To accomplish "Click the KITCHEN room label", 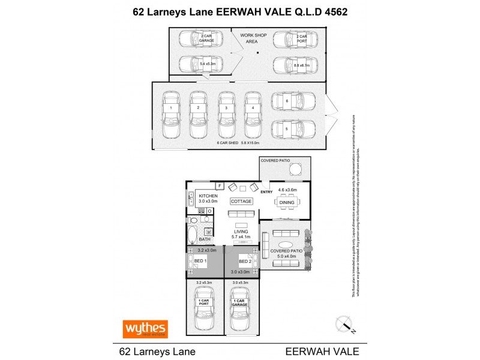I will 208,196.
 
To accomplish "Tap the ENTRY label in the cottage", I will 266,192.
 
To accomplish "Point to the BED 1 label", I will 200,262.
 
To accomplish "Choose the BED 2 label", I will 244,262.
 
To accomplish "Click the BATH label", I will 205,239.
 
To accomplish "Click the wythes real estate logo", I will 145,329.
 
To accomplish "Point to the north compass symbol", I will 344,324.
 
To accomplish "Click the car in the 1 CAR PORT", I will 204,304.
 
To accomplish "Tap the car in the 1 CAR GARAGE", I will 239,304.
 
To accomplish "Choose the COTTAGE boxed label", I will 242,202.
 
